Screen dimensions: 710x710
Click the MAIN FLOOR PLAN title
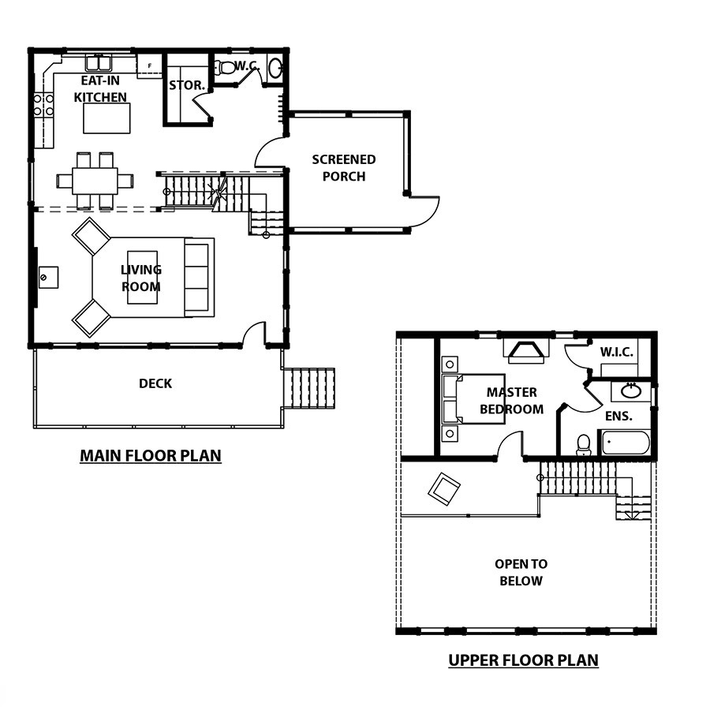pyautogui.click(x=151, y=455)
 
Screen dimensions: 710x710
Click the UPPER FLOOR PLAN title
pyautogui.click(x=524, y=660)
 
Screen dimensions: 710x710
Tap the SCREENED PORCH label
pyautogui.click(x=344, y=167)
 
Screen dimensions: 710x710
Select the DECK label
pyautogui.click(x=155, y=383)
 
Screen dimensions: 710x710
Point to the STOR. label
pyautogui.click(x=187, y=85)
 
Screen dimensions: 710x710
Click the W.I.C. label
pyautogui.click(x=617, y=352)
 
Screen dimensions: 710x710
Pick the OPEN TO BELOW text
pyautogui.click(x=521, y=573)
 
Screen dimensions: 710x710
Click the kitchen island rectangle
pyautogui.click(x=106, y=118)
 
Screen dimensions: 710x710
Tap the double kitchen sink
pyautogui.click(x=99, y=63)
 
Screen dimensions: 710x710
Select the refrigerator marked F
pyautogui.click(x=149, y=66)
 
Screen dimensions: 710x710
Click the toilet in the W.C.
pyautogui.click(x=225, y=68)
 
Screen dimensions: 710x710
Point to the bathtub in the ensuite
pyautogui.click(x=626, y=443)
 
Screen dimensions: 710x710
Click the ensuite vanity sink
pyautogui.click(x=631, y=390)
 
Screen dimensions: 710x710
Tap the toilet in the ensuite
pyautogui.click(x=583, y=445)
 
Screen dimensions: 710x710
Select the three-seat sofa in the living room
pyautogui.click(x=200, y=277)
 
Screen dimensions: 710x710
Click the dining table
pyautogui.click(x=95, y=181)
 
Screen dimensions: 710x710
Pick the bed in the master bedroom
pyautogui.click(x=473, y=399)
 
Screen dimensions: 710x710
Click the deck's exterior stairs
pyautogui.click(x=308, y=388)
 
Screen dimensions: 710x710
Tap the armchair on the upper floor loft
pyautogui.click(x=444, y=488)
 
